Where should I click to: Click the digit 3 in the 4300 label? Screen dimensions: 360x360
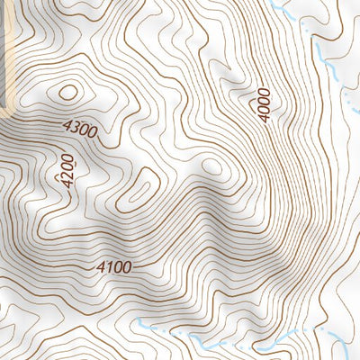click(75, 128)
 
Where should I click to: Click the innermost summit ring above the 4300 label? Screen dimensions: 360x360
click(68, 91)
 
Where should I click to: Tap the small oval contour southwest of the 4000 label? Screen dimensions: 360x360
click(212, 166)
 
